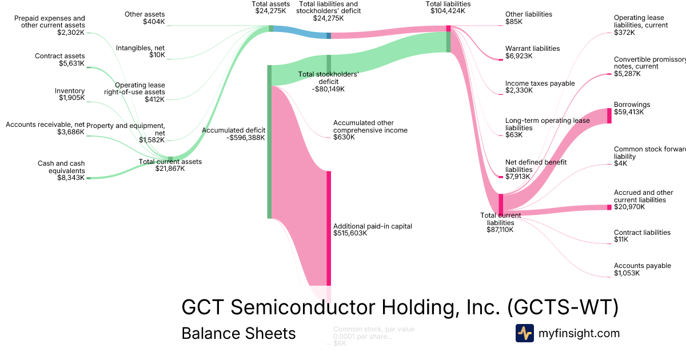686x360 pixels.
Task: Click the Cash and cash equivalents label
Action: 61,167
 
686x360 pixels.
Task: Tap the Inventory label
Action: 70,90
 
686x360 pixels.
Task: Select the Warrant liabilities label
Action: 532,49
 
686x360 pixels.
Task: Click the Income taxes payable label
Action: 540,83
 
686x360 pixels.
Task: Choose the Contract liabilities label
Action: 642,233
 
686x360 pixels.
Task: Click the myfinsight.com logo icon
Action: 524,333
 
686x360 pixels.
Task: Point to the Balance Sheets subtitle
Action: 238,333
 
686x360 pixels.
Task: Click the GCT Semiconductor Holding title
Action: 400,307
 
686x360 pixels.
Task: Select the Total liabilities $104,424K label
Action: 449,7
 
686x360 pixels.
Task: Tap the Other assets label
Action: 145,14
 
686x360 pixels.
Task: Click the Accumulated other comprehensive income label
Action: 370,126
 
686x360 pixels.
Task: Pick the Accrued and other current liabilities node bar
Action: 609,207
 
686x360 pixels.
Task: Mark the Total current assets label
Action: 170,162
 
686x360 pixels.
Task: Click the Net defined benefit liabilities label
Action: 536,166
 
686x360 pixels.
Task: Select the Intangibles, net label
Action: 141,48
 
